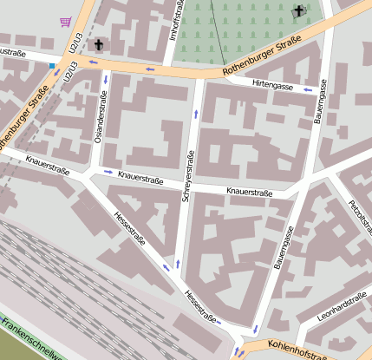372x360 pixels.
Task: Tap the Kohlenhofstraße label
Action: [x=297, y=350]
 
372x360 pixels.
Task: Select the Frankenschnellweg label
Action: [x=30, y=339]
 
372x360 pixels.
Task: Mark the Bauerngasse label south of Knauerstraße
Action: [x=283, y=245]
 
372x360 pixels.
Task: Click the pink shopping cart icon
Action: [x=65, y=22]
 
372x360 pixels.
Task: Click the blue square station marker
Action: [x=52, y=66]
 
